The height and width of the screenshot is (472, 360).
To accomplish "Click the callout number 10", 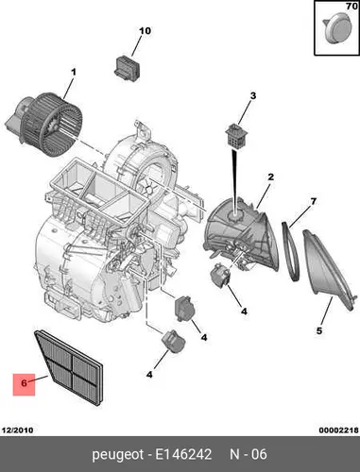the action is coord(145,31).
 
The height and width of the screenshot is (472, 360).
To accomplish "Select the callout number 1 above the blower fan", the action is coord(74,73).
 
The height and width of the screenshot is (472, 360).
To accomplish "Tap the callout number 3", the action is coord(253,95).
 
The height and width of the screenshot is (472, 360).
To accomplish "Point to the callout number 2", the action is coord(270,177).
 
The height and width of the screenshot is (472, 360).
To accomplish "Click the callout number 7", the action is coord(313,201).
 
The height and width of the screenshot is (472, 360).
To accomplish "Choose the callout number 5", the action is coord(319,330).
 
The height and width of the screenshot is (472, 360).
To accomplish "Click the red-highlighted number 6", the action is coord(24,383).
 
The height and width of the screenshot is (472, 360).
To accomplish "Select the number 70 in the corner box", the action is coord(351,7).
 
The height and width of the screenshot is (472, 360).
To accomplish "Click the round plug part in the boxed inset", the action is coord(335,28).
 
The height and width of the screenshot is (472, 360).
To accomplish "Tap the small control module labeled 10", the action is coord(128,67).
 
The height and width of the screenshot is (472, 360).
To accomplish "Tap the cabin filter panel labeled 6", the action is coord(69,367).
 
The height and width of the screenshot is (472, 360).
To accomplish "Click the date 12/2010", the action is coord(17,430).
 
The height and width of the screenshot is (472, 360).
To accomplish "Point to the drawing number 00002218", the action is coord(338,430).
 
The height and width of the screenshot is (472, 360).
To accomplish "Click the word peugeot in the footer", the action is coord(117,455).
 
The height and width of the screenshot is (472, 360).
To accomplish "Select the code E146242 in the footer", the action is coord(183,454).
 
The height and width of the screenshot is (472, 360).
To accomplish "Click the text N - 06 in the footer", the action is coord(249,454).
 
